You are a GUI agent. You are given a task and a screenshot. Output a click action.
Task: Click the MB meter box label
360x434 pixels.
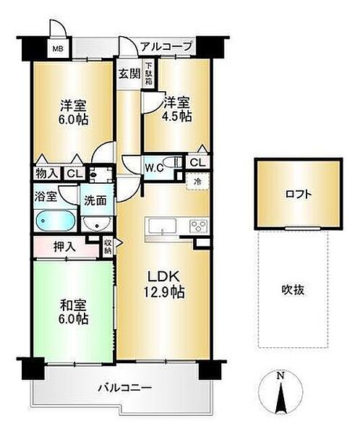point(56,51)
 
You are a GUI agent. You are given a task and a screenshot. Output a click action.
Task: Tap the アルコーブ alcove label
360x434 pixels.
point(166,46)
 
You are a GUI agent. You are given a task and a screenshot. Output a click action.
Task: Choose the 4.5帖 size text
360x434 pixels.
point(178,116)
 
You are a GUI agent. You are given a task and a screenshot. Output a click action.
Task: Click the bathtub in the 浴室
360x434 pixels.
point(53,219)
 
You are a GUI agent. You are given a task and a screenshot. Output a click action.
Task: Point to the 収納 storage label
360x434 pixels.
point(107,247)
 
